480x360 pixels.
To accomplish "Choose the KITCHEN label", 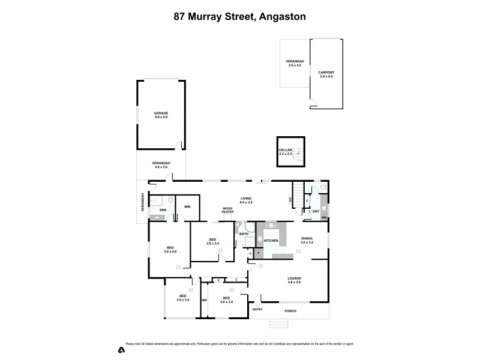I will click(271, 241).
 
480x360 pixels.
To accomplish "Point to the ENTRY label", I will click(258, 310).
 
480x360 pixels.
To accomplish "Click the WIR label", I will click(187, 206).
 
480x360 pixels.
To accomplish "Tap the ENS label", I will click(162, 210).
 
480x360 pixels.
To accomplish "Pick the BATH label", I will click(244, 233).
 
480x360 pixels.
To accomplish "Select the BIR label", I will click(204, 299).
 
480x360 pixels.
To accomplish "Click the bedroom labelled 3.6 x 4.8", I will click(170, 249).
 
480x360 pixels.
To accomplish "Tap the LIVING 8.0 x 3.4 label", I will click(246, 200).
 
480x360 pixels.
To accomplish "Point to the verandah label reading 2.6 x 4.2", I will click(295, 64).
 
